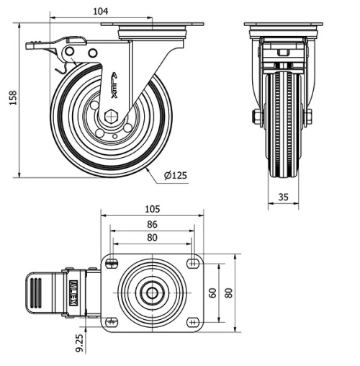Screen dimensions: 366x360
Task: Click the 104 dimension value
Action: [101, 12]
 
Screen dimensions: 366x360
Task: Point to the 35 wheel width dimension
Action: [284, 195]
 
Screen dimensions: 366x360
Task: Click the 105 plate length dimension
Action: [152, 209]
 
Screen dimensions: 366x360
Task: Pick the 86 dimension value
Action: [152, 224]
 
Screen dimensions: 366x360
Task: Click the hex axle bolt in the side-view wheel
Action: [110, 115]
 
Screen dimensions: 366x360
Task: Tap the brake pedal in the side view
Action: [43, 45]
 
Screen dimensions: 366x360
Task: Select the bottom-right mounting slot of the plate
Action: [194, 321]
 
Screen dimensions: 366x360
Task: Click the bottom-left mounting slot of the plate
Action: [111, 321]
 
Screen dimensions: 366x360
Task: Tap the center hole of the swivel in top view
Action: [153, 293]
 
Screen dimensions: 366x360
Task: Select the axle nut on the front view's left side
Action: [256, 116]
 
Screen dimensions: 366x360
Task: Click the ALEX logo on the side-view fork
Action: [118, 83]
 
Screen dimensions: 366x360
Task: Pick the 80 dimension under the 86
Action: [152, 237]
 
